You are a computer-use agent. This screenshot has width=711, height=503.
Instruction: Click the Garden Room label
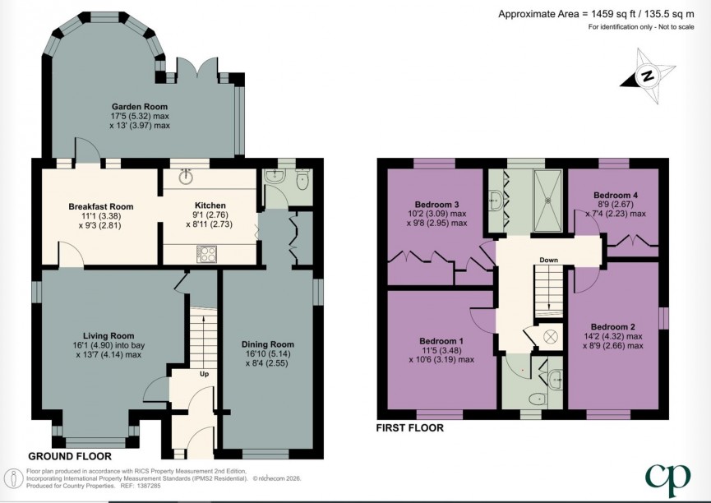(141, 106)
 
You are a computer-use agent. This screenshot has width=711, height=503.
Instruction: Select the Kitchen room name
(210, 205)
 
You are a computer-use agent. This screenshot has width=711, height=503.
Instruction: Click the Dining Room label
(267, 344)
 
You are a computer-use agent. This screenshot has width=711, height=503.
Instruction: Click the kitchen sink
(187, 176)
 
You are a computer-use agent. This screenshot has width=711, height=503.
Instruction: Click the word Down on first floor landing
(549, 261)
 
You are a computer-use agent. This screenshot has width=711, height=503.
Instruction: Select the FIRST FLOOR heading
(409, 428)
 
